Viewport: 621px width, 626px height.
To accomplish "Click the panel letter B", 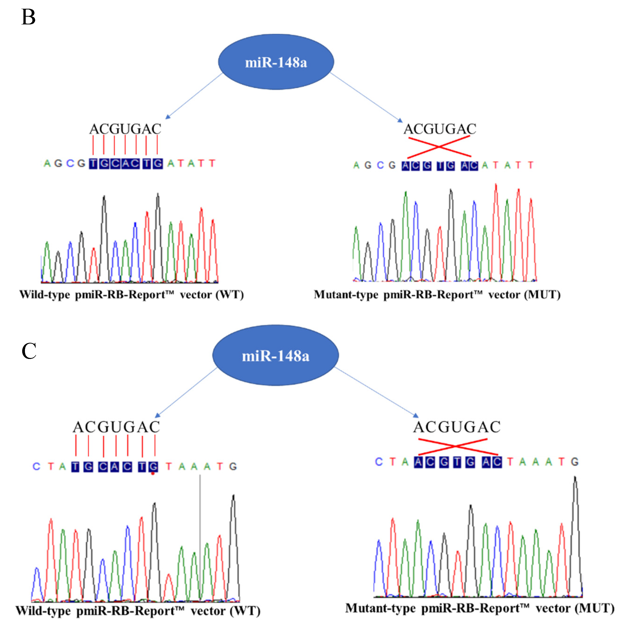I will pyautogui.click(x=28, y=17).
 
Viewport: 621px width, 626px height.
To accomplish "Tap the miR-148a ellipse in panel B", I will pyautogui.click(x=276, y=62).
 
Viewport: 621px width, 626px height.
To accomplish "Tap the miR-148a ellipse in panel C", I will pyautogui.click(x=276, y=355).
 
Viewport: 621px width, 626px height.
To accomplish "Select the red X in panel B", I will pyautogui.click(x=439, y=147).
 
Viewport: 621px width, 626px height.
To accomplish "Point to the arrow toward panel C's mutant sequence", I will pyautogui.click(x=376, y=392).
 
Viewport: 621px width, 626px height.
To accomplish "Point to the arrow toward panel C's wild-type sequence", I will pyautogui.click(x=186, y=392).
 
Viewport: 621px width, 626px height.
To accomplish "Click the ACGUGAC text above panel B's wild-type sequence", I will pyautogui.click(x=125, y=129).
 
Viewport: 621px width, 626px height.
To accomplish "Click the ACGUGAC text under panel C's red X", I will pyautogui.click(x=457, y=427).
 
